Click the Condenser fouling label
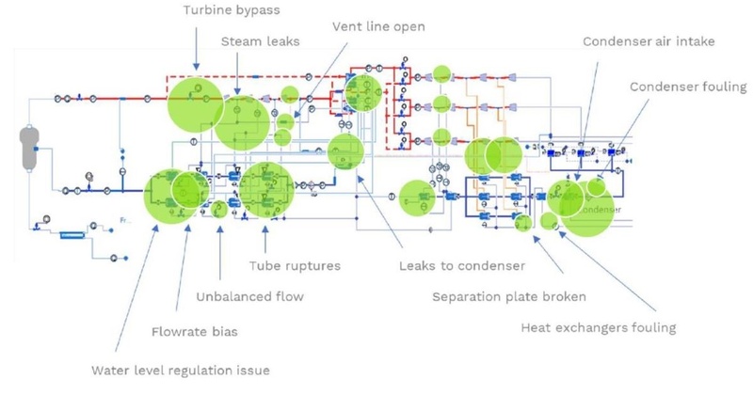(x=688, y=87)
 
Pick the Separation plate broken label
(x=509, y=297)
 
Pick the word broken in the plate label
(x=562, y=297)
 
